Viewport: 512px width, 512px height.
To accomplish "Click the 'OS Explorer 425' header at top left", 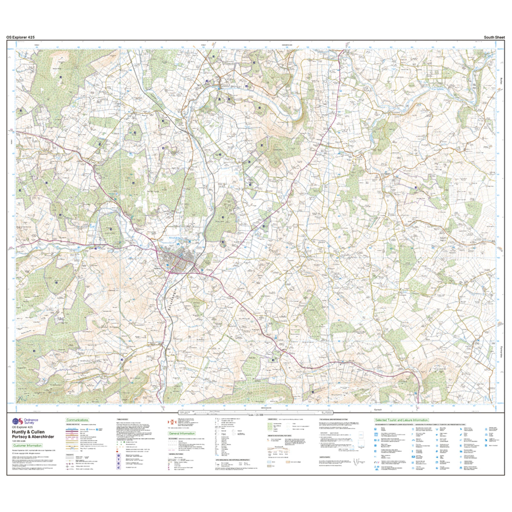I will [x=20, y=37].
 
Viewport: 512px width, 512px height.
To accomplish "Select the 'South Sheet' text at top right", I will [x=494, y=37].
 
